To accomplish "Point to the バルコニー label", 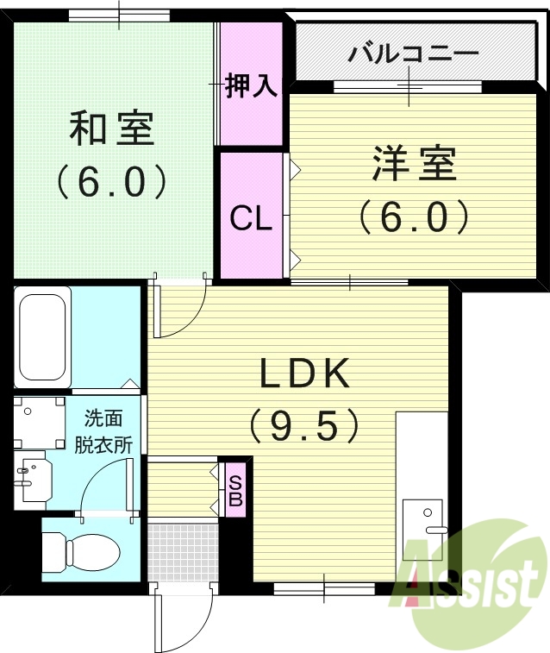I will (x=413, y=53).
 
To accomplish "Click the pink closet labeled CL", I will (x=251, y=217).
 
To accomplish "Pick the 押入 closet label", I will (x=250, y=86).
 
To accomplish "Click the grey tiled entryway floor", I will (x=178, y=551).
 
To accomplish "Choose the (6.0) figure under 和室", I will (x=111, y=180).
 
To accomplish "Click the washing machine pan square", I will (x=40, y=421).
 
